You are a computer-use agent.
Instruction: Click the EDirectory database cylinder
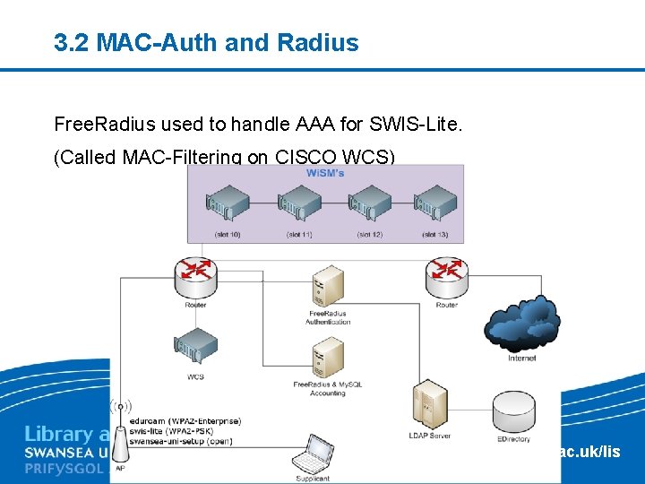(x=512, y=410)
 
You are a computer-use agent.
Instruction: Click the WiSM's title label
(x=324, y=172)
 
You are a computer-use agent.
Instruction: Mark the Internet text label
(x=521, y=358)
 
